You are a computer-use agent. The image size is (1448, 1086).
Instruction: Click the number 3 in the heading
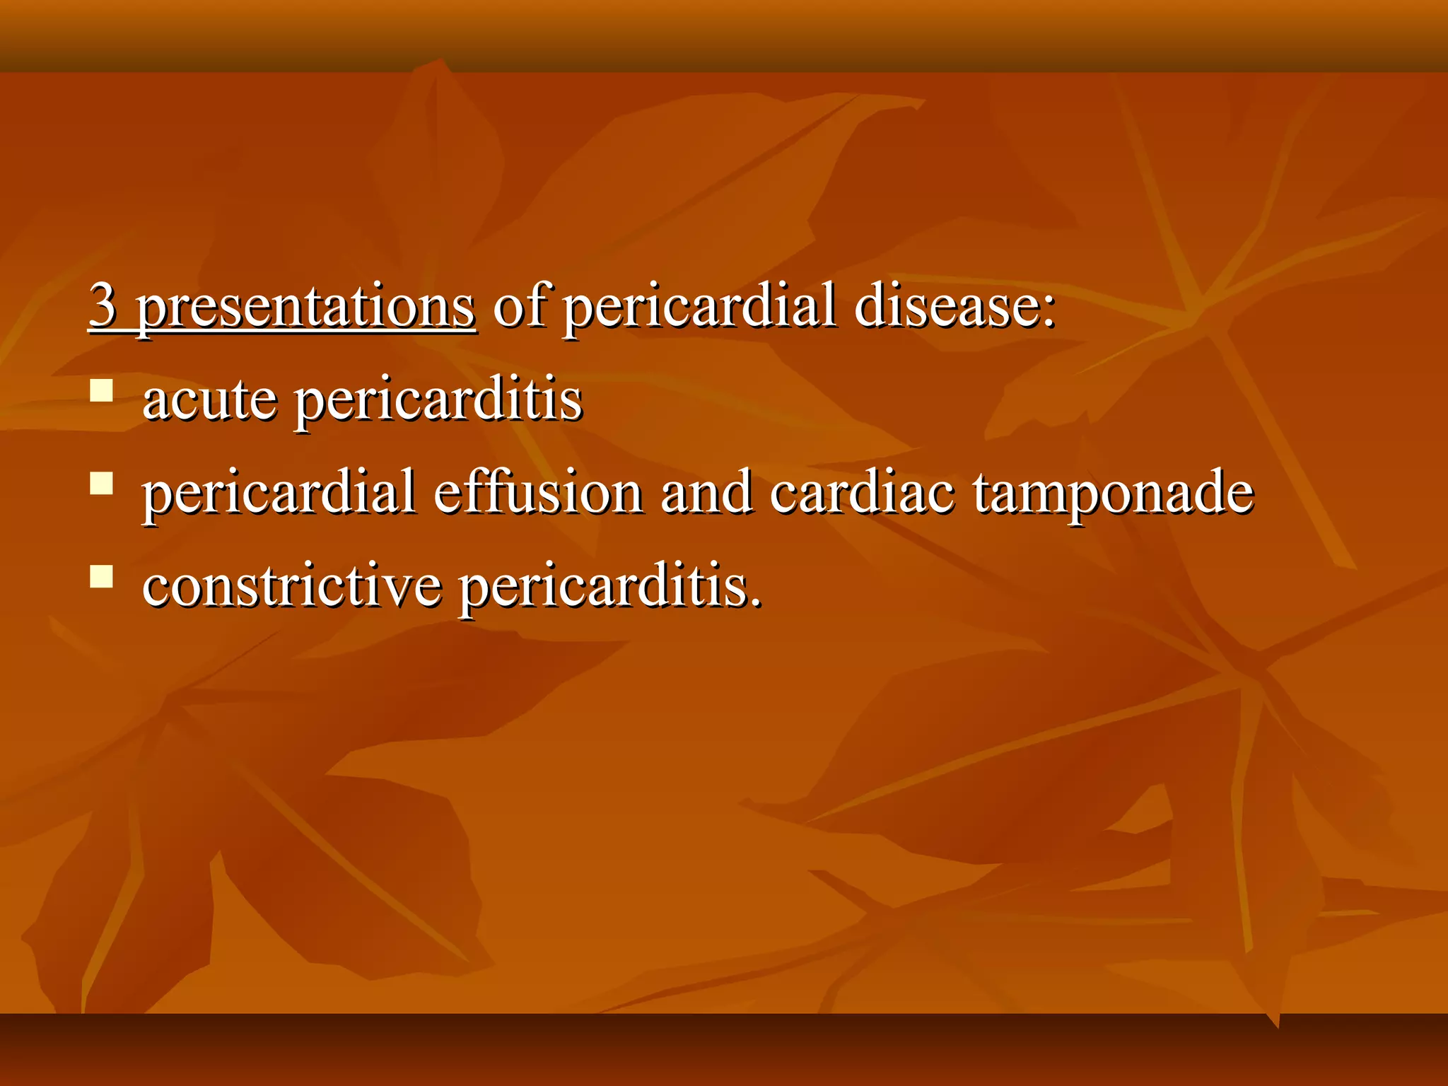103,305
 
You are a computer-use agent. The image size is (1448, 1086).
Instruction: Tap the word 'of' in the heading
519,305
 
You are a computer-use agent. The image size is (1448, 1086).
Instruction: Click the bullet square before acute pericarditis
102,391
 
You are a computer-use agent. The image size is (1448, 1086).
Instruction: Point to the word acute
209,400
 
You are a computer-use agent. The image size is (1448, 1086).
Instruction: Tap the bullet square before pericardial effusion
102,484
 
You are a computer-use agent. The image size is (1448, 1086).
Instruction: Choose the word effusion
537,492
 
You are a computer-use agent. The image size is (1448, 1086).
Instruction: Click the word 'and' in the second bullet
706,492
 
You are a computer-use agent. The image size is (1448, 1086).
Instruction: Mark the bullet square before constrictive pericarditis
102,576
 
